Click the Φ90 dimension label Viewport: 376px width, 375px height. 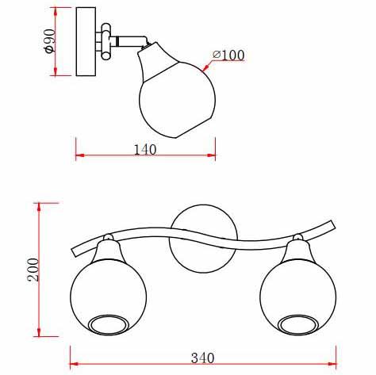tap(50, 41)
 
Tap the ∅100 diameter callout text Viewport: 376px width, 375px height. tap(228, 55)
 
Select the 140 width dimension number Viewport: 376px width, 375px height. tap(145, 150)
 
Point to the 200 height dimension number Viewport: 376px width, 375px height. tap(33, 270)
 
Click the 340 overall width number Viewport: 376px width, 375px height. tap(202, 358)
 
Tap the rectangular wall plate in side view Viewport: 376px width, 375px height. tap(86, 42)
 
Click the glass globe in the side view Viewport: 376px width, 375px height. tap(177, 100)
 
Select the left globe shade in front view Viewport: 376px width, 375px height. tap(109, 297)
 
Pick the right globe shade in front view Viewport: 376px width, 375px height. tap(298, 297)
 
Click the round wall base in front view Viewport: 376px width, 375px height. tap(203, 239)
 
